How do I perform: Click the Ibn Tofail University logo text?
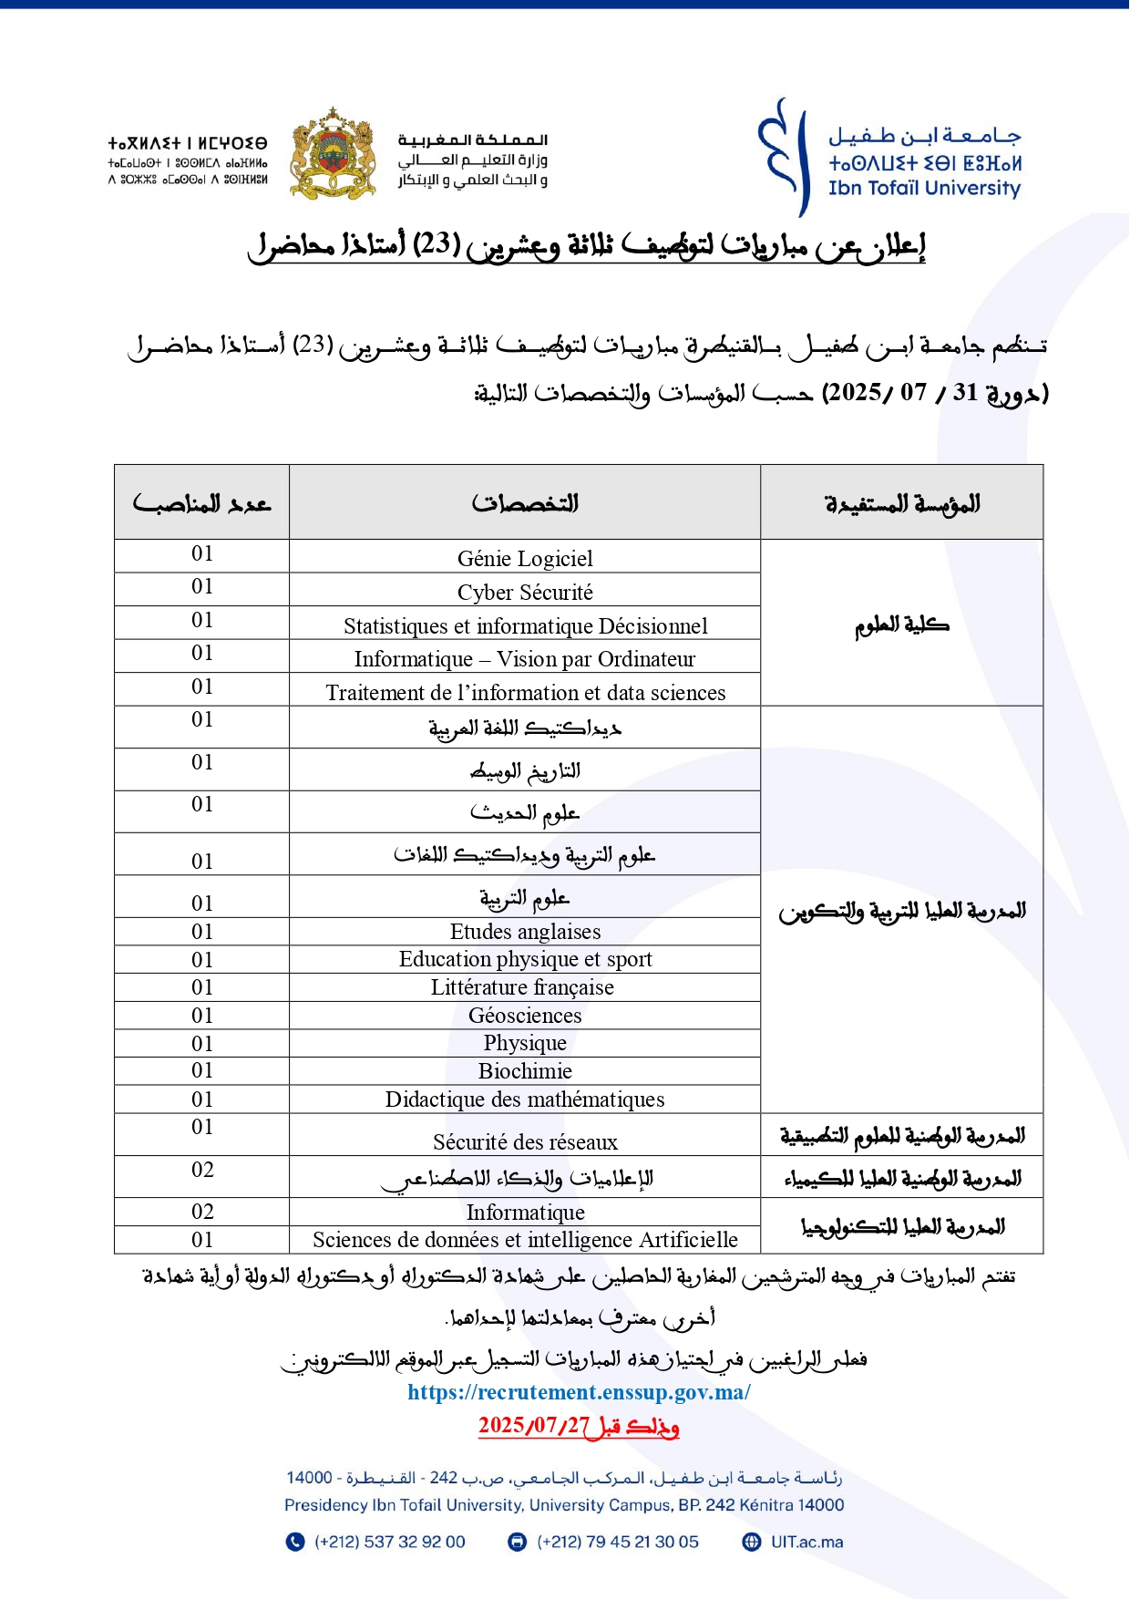tap(924, 188)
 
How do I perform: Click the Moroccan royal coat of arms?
tap(334, 153)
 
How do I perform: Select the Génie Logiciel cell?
tap(525, 559)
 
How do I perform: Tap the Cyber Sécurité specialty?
tap(525, 593)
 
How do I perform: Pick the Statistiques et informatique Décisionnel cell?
tap(525, 626)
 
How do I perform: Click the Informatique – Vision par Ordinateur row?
tap(525, 659)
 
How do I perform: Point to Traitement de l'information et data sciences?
tap(525, 693)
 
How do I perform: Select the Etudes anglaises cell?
tap(525, 932)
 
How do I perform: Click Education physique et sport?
tap(525, 959)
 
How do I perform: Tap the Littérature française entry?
tap(522, 987)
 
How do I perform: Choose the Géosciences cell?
tap(525, 1016)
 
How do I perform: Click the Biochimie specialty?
tap(525, 1071)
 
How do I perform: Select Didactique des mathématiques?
tap(525, 1099)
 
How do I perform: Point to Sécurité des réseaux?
tap(525, 1142)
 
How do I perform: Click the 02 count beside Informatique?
tap(202, 1212)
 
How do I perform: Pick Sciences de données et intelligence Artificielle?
tap(525, 1240)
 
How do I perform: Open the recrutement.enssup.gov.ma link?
tap(579, 1392)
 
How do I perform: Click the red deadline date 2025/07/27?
tap(534, 1426)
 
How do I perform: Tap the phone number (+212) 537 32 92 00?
tap(389, 1542)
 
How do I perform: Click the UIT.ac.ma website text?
tap(806, 1542)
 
